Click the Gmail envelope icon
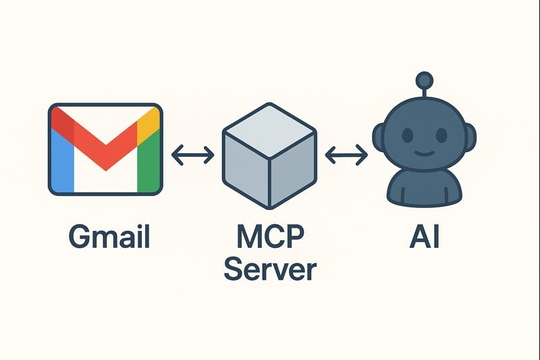[x=105, y=149]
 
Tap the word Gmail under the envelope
[x=109, y=237]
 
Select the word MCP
[x=269, y=237]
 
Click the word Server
[x=269, y=269]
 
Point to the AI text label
[x=424, y=237]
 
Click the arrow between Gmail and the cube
[x=192, y=155]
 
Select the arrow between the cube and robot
[x=346, y=155]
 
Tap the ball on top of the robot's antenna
[x=424, y=80]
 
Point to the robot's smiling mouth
[x=424, y=151]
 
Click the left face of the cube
[x=246, y=169]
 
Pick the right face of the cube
[x=293, y=169]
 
